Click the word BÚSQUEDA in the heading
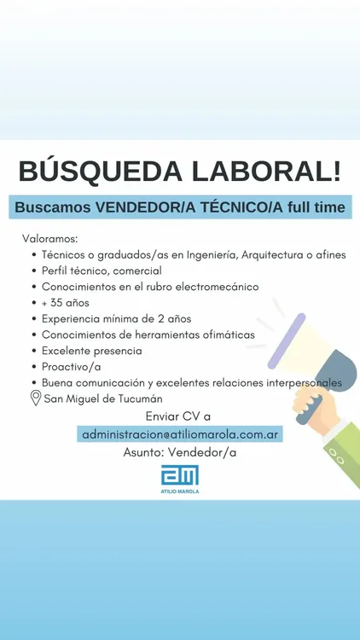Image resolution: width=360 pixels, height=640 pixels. click(x=101, y=172)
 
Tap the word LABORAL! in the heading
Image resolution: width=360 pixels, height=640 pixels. click(x=266, y=172)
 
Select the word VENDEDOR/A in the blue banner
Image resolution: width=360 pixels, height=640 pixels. click(x=141, y=207)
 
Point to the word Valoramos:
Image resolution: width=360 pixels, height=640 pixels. click(x=49, y=238)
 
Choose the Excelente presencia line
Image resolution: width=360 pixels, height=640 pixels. click(x=92, y=351)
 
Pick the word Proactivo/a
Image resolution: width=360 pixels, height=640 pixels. click(x=72, y=367)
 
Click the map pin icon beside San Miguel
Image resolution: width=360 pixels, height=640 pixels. click(x=36, y=398)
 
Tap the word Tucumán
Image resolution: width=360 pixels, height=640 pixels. click(x=140, y=399)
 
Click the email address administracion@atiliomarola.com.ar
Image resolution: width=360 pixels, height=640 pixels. click(x=180, y=434)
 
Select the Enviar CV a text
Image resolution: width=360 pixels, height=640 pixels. click(x=178, y=416)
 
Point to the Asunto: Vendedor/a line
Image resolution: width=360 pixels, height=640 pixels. click(x=180, y=452)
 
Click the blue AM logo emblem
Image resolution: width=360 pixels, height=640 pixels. click(x=180, y=475)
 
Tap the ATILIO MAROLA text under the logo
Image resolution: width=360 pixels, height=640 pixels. click(x=180, y=492)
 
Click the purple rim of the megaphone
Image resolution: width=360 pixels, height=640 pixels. click(x=287, y=340)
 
